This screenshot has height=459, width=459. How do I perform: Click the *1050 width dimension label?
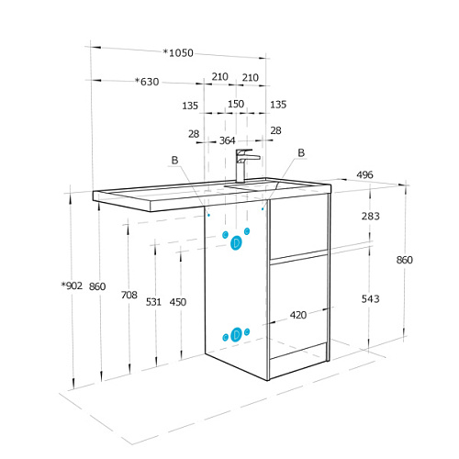[178, 53]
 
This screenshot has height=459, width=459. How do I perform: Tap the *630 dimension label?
[147, 82]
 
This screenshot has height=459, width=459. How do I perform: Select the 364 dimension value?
[228, 140]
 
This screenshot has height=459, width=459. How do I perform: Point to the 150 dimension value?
[236, 104]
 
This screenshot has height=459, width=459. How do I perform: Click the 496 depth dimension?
[364, 174]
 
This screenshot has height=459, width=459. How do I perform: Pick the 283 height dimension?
[371, 217]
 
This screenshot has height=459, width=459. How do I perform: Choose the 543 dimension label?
[371, 299]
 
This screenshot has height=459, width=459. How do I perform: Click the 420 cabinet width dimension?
[298, 315]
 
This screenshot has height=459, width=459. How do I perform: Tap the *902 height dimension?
[72, 285]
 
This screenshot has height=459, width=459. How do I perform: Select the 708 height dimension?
[129, 295]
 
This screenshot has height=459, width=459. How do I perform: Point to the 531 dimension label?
[153, 302]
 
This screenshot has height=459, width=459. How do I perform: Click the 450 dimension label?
[178, 302]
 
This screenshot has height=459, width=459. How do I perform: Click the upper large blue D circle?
[236, 243]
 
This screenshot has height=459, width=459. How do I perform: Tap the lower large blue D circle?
[236, 334]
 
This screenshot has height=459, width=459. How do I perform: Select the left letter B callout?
[174, 160]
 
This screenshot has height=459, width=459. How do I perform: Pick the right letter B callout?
[301, 152]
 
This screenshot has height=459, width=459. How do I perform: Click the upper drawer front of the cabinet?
[298, 227]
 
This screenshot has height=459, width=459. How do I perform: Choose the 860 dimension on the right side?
[404, 260]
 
